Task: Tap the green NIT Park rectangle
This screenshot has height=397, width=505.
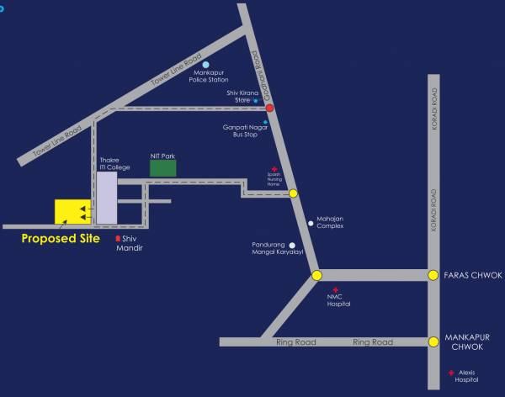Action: coord(164,167)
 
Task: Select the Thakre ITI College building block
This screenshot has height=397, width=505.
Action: coord(106,201)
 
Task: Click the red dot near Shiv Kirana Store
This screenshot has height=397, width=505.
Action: coord(269,108)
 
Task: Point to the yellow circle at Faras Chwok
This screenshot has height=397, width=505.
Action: coord(433,275)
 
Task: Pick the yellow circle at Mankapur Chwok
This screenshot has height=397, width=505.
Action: coord(433,341)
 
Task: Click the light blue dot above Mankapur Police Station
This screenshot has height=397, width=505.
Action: coord(205,64)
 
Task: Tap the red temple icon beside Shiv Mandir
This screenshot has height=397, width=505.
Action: coord(118,240)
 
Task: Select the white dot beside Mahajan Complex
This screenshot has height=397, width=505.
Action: coord(311,222)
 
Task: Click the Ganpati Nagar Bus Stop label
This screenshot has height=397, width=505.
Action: coord(239,130)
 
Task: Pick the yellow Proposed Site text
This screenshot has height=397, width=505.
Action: coord(61,239)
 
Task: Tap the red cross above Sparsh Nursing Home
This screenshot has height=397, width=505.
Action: coord(273,169)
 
